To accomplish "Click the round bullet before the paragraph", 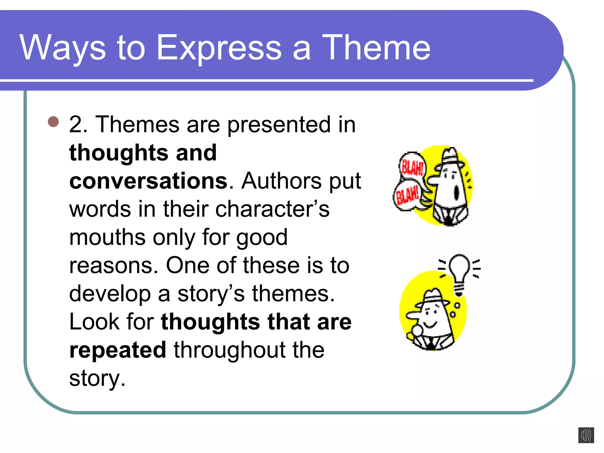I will [x=53, y=122].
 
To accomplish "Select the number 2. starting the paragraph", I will [x=78, y=124].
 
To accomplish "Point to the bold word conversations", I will [x=148, y=180].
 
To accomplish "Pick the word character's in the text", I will [x=272, y=209].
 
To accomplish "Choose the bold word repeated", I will [x=118, y=350].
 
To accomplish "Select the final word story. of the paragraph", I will [x=97, y=378].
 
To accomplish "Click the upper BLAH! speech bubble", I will [x=412, y=167].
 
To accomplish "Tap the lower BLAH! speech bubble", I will [x=407, y=196].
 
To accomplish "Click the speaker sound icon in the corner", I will [x=586, y=435].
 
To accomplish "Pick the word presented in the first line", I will [x=279, y=124].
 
